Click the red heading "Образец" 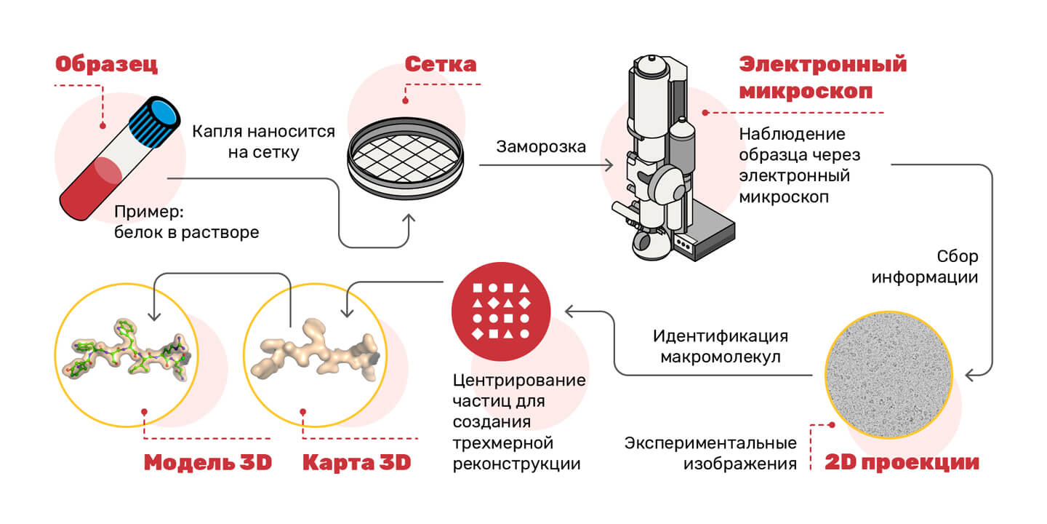106,65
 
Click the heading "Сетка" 440,64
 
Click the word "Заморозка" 541,146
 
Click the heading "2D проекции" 902,462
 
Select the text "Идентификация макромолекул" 720,347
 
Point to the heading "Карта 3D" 356,462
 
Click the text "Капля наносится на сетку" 263,142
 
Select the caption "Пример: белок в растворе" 186,223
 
